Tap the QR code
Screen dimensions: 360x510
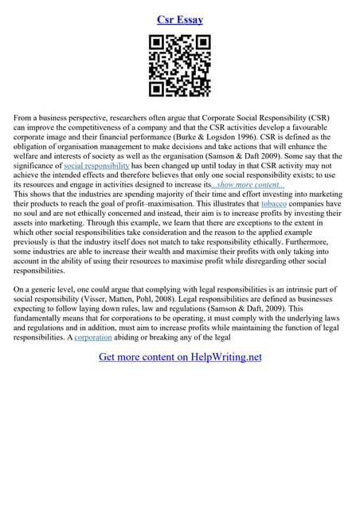click(179, 66)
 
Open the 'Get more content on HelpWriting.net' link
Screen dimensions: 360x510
click(180, 357)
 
